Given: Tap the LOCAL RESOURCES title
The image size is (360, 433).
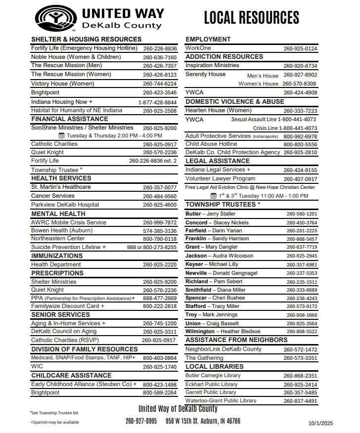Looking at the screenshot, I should pyautogui.click(x=252, y=18).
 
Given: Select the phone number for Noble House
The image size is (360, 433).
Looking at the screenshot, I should pyautogui.click(x=160, y=57).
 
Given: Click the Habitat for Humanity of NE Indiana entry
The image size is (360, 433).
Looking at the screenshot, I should pyautogui.click(x=77, y=110).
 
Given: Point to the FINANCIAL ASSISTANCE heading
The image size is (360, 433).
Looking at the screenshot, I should pyautogui.click(x=70, y=119).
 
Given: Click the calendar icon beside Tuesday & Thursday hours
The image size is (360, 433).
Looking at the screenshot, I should pyautogui.click(x=61, y=135).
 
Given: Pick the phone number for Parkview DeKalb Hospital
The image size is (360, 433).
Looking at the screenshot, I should pyautogui.click(x=160, y=205).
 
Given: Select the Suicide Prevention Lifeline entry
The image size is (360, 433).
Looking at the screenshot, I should pyautogui.click(x=68, y=247).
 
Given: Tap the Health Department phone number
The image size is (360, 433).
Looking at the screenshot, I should pyautogui.click(x=160, y=265).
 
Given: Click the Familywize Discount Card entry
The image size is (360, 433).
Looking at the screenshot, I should pyautogui.click(x=68, y=306).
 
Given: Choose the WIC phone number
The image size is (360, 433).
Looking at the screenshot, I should pyautogui.click(x=160, y=367).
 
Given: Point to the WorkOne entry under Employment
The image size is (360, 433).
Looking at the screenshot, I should pyautogui.click(x=198, y=48).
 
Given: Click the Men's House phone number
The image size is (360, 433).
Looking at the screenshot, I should pyautogui.click(x=300, y=75).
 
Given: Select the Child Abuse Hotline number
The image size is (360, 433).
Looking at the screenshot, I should pyautogui.click(x=300, y=144).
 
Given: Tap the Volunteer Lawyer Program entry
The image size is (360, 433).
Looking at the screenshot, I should pyautogui.click(x=221, y=178).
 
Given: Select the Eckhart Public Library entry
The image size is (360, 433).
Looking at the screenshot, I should pyautogui.click(x=212, y=384).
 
